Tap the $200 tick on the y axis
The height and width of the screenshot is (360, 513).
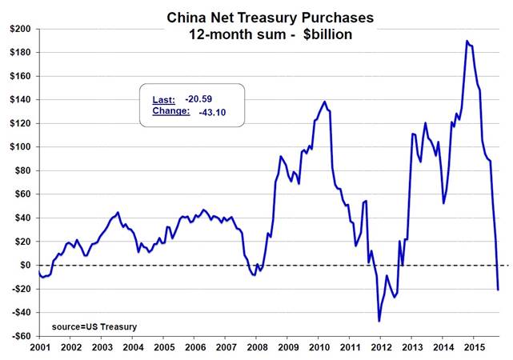tap(22, 29)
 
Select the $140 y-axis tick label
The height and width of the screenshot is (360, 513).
tap(22, 100)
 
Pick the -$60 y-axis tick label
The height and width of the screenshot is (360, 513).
tap(22, 335)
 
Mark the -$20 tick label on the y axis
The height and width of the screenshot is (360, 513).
tap(22, 289)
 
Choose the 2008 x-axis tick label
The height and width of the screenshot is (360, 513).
tap(257, 350)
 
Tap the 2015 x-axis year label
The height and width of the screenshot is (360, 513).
tap(475, 350)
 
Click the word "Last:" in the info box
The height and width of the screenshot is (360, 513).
tap(163, 100)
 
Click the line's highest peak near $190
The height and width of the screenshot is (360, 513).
tap(467, 41)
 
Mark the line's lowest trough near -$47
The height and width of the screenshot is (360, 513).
tap(379, 321)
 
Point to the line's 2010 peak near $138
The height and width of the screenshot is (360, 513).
tap(324, 102)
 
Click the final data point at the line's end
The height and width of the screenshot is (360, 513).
tap(498, 289)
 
